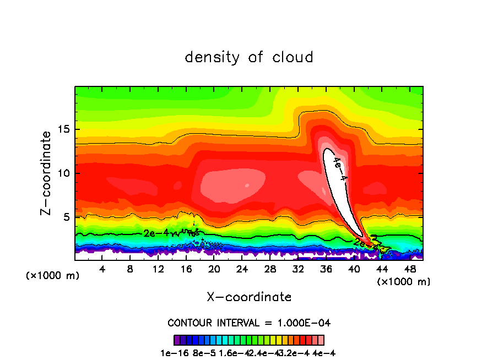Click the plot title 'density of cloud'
point(249,57)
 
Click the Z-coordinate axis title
point(46,173)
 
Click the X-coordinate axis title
point(249,297)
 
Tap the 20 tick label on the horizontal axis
point(214,269)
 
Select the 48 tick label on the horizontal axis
point(409,269)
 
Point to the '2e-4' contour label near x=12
point(155,233)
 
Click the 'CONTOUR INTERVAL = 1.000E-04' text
point(249,323)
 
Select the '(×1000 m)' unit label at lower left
point(53,276)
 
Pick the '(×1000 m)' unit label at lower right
point(404,282)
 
